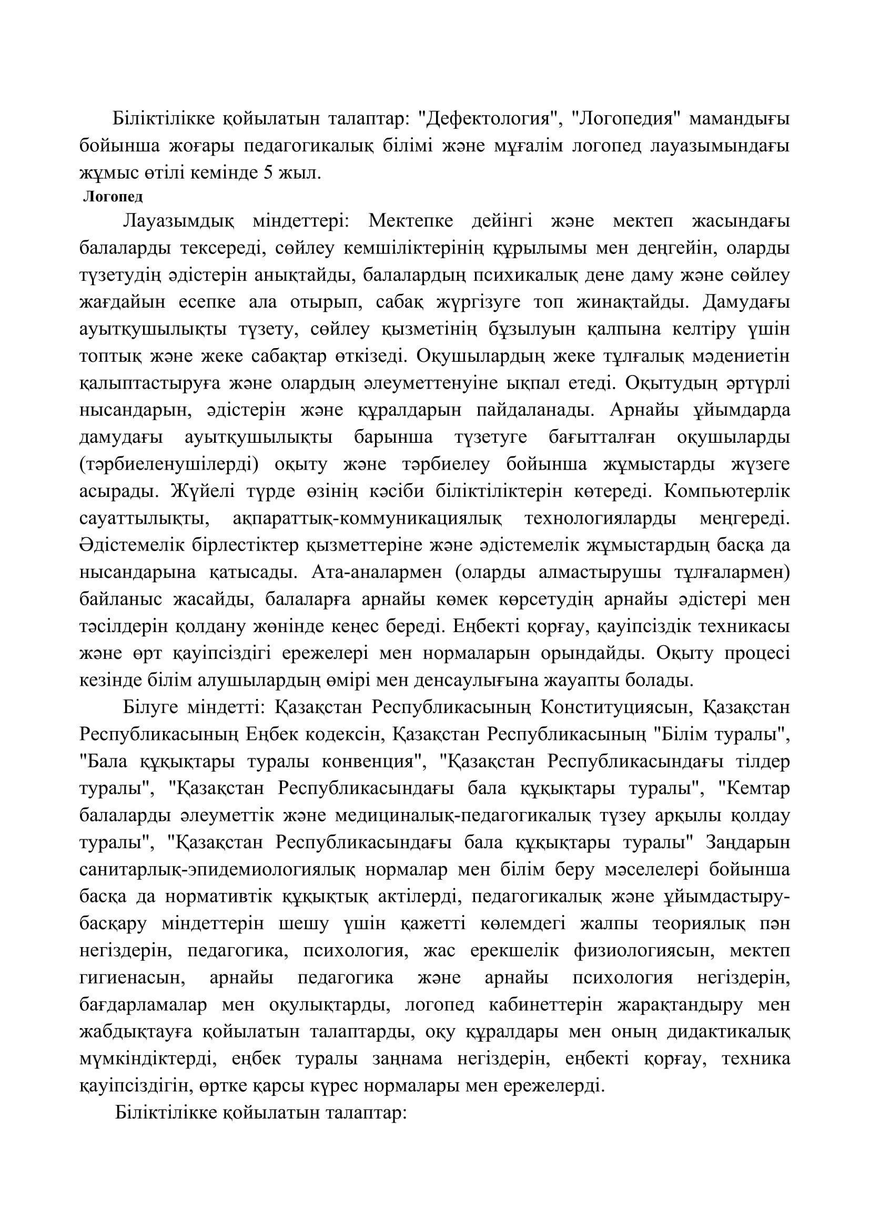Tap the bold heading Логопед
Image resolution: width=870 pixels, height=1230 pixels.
[x=113, y=197]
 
